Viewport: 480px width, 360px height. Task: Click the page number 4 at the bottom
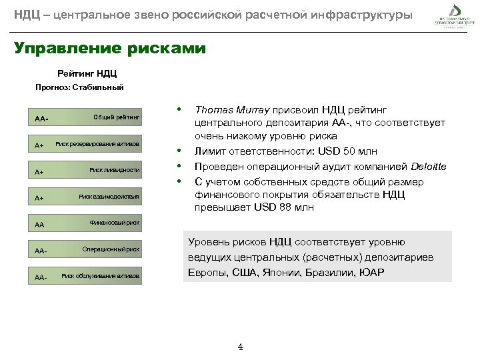240,347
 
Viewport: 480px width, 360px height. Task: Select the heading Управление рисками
110,49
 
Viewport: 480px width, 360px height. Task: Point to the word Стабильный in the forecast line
103,87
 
